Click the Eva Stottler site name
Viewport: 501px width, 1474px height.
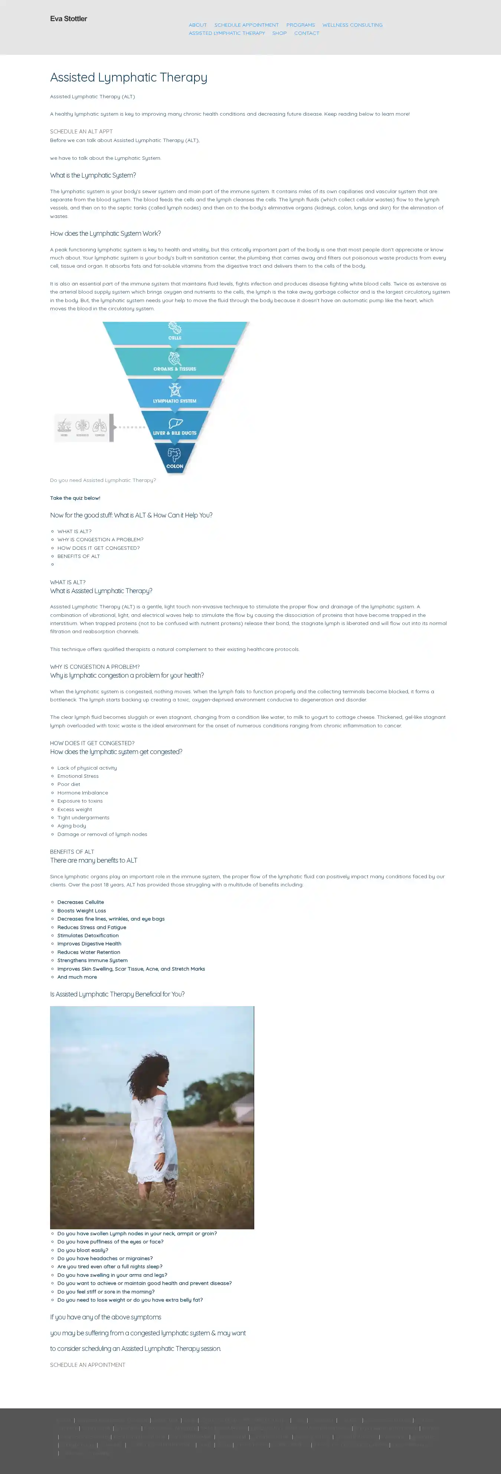point(68,19)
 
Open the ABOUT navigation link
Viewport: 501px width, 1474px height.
point(197,25)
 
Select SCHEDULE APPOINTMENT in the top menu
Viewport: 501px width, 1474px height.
point(246,25)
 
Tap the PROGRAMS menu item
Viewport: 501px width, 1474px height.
point(301,25)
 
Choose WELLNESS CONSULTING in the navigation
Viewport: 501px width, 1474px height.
point(352,25)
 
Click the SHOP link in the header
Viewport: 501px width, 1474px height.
point(279,33)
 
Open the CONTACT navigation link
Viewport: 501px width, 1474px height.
point(307,33)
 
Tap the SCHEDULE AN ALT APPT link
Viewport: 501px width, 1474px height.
point(81,132)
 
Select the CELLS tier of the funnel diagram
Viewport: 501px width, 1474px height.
point(175,333)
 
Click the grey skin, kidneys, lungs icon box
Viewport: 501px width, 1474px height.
point(83,427)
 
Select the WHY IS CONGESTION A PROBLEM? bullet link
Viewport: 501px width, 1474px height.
point(100,540)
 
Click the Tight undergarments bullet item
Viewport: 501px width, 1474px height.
point(83,818)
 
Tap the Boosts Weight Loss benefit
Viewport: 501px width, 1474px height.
point(81,910)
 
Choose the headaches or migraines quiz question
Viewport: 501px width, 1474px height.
point(105,1258)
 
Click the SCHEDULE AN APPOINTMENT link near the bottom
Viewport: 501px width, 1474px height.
point(88,1365)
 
